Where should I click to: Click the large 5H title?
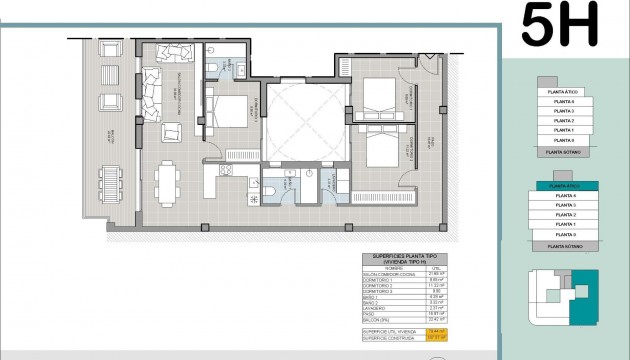pyautogui.click(x=560, y=26)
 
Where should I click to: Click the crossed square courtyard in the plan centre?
pyautogui.click(x=307, y=120)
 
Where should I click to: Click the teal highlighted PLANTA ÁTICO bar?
pyautogui.click(x=565, y=186)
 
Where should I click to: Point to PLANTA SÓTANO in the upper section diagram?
pyautogui.click(x=565, y=152)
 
